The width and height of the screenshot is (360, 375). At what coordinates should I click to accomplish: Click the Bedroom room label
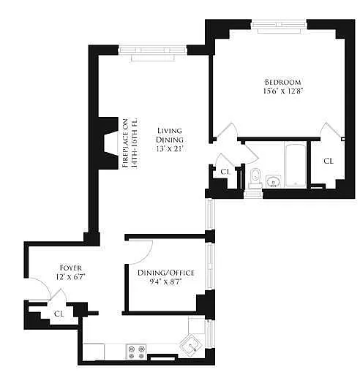pyautogui.click(x=282, y=82)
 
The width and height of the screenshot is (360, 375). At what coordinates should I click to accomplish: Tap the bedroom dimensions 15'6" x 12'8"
pyautogui.click(x=283, y=91)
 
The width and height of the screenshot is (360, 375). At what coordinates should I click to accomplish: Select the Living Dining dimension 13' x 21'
pyautogui.click(x=170, y=149)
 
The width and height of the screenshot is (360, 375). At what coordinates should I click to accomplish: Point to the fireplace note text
pyautogui.click(x=130, y=143)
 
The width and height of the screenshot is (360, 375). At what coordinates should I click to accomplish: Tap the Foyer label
pyautogui.click(x=71, y=268)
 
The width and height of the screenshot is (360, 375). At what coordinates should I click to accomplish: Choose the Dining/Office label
pyautogui.click(x=166, y=273)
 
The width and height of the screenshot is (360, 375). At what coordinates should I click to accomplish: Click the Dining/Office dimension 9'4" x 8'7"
pyautogui.click(x=166, y=282)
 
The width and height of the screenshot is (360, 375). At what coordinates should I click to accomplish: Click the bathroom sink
pyautogui.click(x=273, y=181)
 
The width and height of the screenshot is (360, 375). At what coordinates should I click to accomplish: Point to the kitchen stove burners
pyautogui.click(x=136, y=352)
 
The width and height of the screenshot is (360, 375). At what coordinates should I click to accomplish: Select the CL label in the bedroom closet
pyautogui.click(x=329, y=161)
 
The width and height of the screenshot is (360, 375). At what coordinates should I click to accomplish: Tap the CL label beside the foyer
pyautogui.click(x=59, y=314)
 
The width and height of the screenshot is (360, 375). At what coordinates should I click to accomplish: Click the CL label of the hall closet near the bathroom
pyautogui.click(x=225, y=172)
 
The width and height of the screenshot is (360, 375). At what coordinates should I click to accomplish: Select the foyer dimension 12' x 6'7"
pyautogui.click(x=71, y=277)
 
